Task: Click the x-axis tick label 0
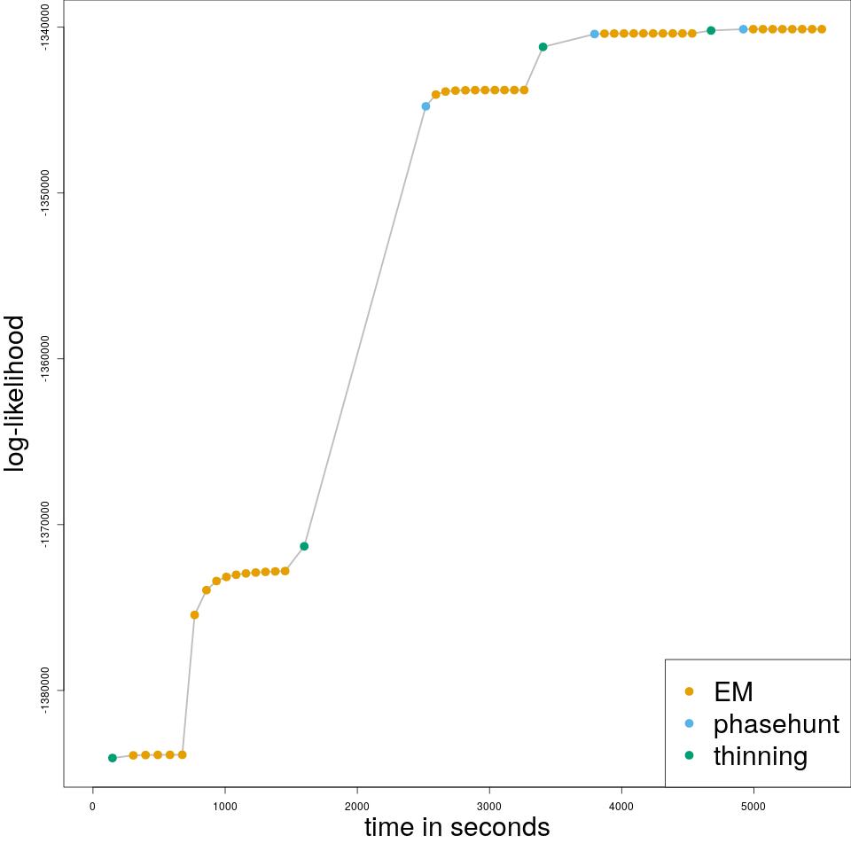(92, 805)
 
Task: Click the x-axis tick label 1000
(224, 805)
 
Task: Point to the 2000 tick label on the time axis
(357, 805)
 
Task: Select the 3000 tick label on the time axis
(489, 805)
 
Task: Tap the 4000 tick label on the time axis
(621, 805)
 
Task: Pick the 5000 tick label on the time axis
(753, 805)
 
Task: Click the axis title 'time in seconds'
(457, 828)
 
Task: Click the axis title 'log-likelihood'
(16, 394)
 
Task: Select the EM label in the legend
(733, 691)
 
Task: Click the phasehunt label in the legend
(776, 724)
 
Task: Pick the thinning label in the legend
(760, 756)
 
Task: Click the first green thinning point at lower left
(113, 758)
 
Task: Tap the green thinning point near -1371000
(304, 546)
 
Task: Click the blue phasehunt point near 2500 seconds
(425, 106)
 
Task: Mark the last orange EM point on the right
(822, 29)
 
